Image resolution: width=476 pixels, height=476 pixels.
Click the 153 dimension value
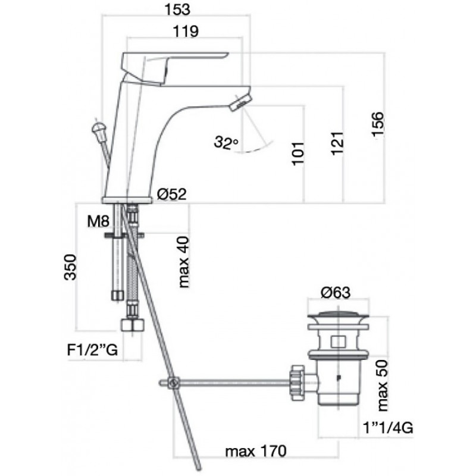pos(177,10)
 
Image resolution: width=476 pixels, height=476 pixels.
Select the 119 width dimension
pos(186,32)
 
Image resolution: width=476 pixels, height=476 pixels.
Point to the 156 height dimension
pos(378,124)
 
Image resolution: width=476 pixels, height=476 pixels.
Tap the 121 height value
pos(337,143)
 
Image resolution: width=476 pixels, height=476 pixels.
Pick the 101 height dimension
pos(298,154)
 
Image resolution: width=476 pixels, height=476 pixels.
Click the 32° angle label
pos(226,142)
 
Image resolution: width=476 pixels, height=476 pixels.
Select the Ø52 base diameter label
pos(172,194)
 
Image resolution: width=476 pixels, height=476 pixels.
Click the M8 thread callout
pos(98,221)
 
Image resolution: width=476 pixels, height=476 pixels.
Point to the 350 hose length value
pos(70,267)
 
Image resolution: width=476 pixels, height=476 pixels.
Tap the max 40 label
pos(184,262)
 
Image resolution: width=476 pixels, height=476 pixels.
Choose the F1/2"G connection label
pos(92,350)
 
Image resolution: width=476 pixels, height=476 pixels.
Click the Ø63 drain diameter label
pos(336,293)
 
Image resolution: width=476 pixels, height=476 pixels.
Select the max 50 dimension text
pos(382,386)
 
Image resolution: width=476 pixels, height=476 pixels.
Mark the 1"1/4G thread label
pos(388,428)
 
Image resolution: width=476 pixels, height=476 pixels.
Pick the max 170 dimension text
pos(256,452)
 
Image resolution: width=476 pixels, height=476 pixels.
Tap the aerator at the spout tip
pos(240,102)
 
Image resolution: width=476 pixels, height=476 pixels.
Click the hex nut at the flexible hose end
pos(133,325)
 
